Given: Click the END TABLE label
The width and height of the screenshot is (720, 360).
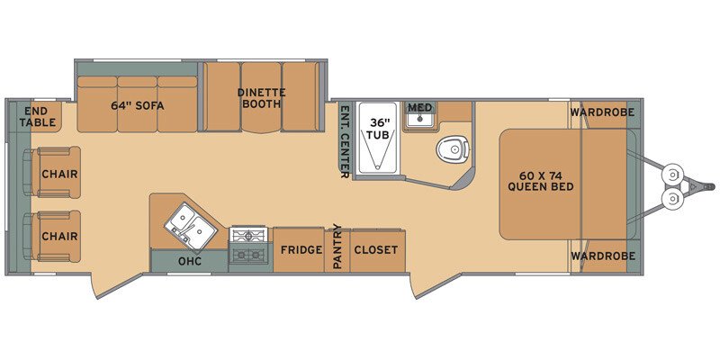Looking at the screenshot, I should [39, 116].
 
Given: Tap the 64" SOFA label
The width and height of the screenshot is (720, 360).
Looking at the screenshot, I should [136, 104].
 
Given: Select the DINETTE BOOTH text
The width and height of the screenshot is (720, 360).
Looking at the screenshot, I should [260, 97].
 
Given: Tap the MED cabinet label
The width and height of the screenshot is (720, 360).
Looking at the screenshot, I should [420, 108].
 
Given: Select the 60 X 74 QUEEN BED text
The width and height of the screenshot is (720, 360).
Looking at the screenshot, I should [540, 181].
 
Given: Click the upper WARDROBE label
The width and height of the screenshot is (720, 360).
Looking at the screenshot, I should [602, 112].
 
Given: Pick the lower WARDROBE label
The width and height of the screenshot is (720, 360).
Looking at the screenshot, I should [602, 256].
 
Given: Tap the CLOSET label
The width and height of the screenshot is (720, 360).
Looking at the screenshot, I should [376, 249].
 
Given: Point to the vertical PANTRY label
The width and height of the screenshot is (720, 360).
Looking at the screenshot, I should [338, 247].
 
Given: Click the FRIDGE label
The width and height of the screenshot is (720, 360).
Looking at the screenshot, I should [300, 249].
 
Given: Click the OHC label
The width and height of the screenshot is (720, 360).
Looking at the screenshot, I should [190, 262].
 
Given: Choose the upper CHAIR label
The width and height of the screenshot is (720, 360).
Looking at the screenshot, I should [58, 174].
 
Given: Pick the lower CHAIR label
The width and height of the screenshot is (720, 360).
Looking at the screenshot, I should [58, 236].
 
